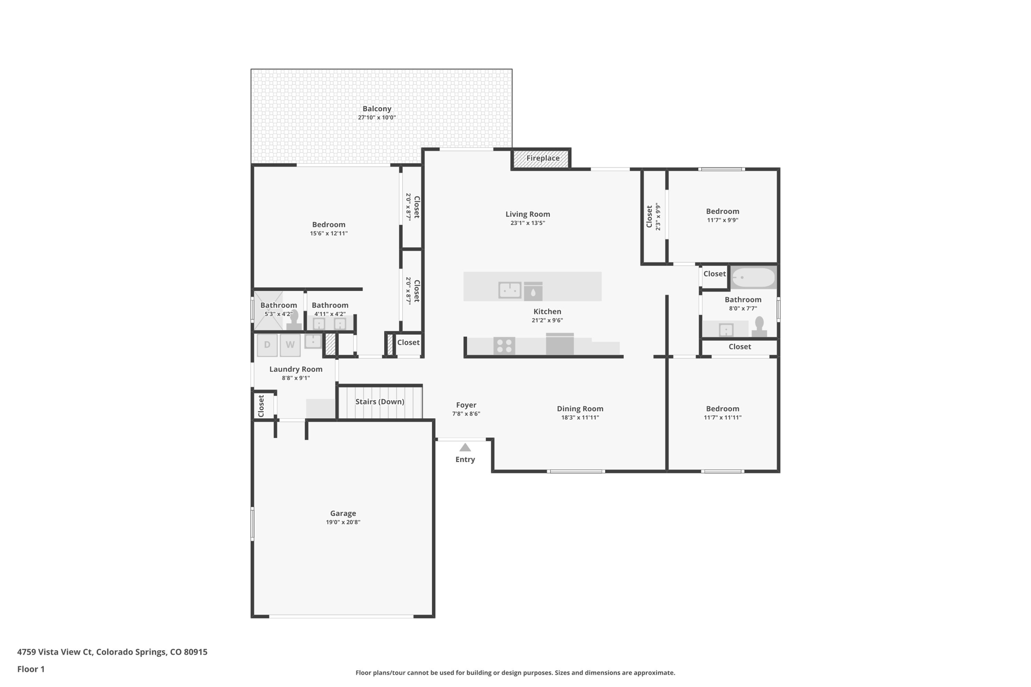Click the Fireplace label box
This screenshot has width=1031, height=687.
[542, 159]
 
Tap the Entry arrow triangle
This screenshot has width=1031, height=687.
[465, 447]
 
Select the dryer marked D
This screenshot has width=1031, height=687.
[267, 345]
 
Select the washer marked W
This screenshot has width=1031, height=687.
[290, 345]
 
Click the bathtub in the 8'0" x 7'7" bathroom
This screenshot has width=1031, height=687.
[753, 277]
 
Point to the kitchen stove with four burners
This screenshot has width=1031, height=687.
[504, 346]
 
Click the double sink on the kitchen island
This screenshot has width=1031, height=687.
[509, 290]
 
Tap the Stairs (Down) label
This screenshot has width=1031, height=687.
[380, 402]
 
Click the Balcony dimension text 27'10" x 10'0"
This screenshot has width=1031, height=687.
[377, 118]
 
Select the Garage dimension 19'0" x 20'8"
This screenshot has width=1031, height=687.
[343, 522]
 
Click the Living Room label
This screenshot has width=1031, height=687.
[528, 214]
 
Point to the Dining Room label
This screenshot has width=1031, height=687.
[580, 409]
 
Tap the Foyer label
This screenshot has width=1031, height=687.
[466, 405]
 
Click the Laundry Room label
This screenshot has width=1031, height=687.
[296, 369]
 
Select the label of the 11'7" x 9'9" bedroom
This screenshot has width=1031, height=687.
[722, 211]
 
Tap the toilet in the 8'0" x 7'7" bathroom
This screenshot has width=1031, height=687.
[759, 327]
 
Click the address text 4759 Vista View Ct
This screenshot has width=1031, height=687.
[55, 652]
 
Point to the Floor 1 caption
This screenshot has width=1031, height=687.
[31, 669]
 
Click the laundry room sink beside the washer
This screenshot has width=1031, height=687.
[313, 341]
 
